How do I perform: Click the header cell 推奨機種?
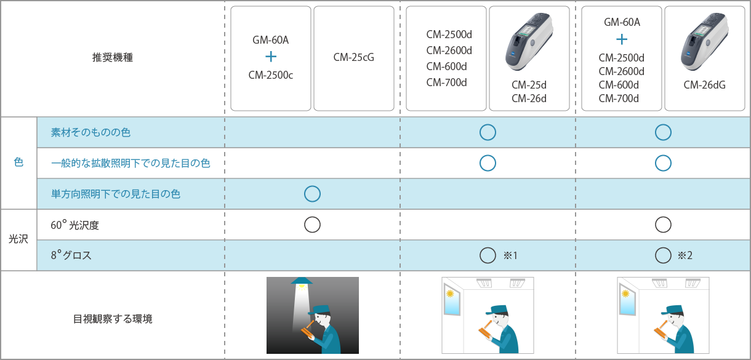[113, 58]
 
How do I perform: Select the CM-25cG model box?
[354, 58]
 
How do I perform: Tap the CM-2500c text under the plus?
[271, 75]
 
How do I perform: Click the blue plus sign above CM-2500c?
[271, 57]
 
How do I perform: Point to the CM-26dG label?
[704, 85]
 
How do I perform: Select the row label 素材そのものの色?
[91, 132]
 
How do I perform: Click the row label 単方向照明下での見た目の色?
[116, 194]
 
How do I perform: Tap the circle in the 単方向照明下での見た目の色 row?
[312, 194]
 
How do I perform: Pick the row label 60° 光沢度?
[74, 225]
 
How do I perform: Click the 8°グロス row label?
[71, 255]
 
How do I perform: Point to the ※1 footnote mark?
[510, 255]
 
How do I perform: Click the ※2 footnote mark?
[685, 255]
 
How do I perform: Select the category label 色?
[18, 163]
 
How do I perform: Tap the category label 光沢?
[18, 240]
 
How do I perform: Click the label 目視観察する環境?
[113, 319]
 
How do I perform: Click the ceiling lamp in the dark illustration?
[301, 283]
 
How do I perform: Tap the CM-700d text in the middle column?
[446, 82]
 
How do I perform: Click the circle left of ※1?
[488, 255]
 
